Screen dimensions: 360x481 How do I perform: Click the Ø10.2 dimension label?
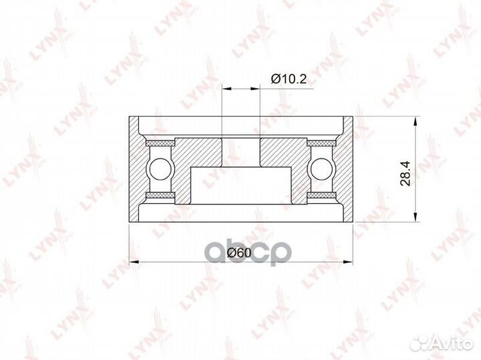[289, 79]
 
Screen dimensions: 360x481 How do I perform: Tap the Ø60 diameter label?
[239, 252]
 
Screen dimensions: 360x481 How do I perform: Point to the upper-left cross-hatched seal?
[160, 143]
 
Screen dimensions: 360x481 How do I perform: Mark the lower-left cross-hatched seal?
[160, 196]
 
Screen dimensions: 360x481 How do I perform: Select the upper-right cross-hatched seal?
[321, 143]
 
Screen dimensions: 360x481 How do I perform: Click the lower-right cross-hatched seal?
[321, 196]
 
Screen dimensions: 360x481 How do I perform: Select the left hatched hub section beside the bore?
[200, 152]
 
